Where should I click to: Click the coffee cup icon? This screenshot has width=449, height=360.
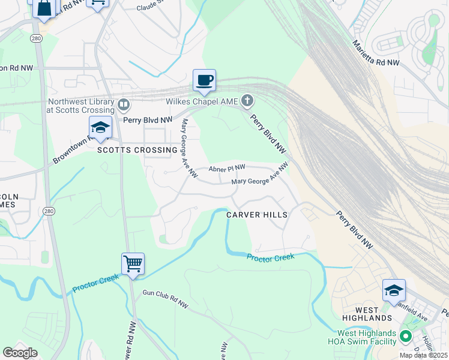[x=204, y=80]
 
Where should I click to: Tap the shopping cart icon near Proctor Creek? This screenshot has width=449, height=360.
[x=133, y=263]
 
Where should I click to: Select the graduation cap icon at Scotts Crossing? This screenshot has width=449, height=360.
[x=100, y=127]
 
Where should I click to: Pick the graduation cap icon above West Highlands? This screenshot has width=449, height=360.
[x=394, y=290]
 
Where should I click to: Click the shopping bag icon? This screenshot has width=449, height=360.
[x=44, y=8]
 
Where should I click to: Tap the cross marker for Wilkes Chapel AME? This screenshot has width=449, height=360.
[x=247, y=100]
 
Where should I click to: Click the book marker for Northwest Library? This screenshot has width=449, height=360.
[x=124, y=106]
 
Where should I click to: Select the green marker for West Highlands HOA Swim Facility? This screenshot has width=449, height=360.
[x=406, y=337]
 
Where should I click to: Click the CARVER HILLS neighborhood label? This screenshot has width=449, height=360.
[x=257, y=214]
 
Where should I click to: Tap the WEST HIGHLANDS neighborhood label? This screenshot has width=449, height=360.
[x=367, y=317]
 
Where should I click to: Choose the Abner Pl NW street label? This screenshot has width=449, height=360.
[x=227, y=169]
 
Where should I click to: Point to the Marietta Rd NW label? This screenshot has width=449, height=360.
[x=376, y=53]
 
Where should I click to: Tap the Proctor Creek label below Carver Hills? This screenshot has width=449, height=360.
[x=270, y=257]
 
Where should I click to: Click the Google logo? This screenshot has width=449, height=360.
[x=20, y=352]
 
